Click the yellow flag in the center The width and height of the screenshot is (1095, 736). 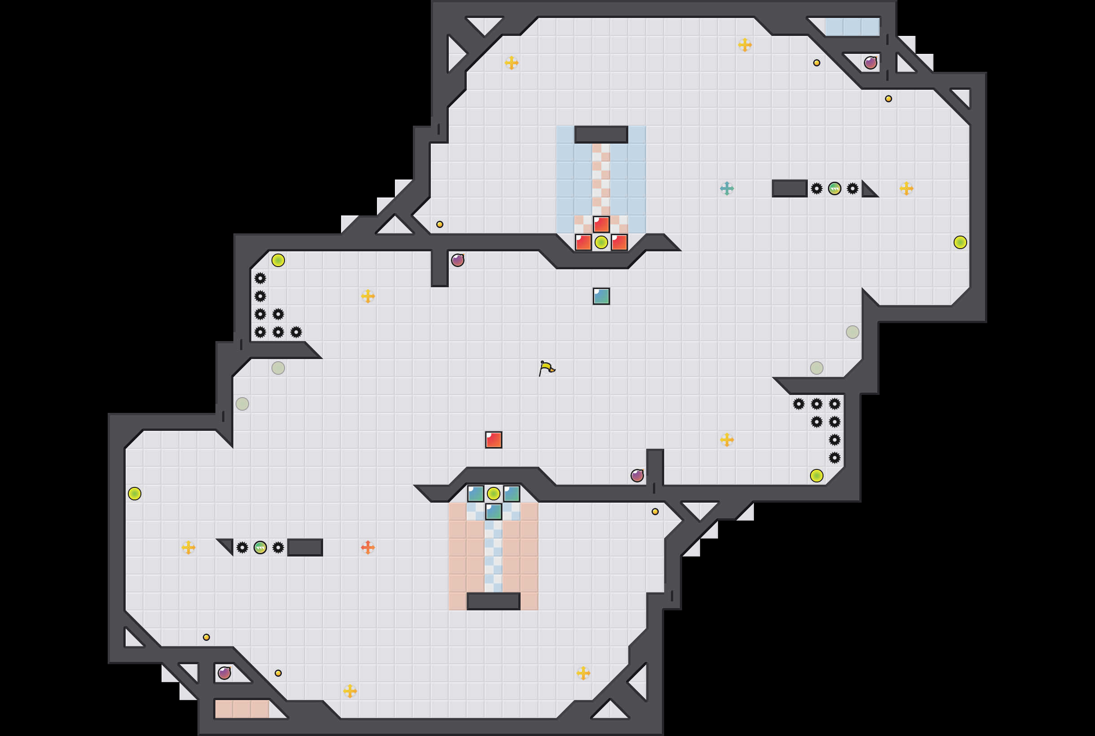click(546, 368)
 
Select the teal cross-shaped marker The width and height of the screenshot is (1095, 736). click(727, 188)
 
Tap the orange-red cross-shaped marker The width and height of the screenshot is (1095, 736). click(368, 548)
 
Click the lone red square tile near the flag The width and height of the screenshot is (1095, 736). click(493, 440)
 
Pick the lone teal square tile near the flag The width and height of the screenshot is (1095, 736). click(601, 296)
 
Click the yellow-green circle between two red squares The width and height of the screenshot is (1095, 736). click(601, 242)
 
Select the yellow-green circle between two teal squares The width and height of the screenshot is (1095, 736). click(493, 493)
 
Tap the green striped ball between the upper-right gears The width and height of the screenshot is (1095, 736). click(835, 188)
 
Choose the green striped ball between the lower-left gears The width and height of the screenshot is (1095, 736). click(260, 548)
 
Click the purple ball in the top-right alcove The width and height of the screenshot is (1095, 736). click(871, 63)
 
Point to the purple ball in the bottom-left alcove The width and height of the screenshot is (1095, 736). click(224, 673)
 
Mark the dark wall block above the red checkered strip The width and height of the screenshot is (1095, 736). click(601, 135)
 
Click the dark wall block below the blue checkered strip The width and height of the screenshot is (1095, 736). click(493, 601)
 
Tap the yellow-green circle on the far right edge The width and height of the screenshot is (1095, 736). click(960, 242)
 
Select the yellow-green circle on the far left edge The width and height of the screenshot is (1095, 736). click(135, 493)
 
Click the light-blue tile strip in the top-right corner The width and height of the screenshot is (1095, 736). click(852, 27)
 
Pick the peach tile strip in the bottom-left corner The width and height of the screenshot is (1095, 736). click(242, 709)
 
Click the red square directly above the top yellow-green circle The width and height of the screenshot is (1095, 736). click(601, 224)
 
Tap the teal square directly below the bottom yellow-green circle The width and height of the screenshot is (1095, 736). click(493, 512)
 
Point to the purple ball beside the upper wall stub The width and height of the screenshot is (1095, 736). click(458, 260)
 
